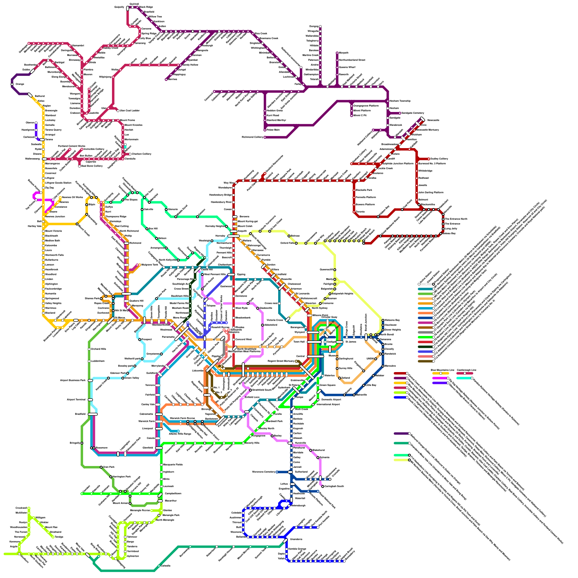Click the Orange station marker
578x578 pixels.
pos(12,84)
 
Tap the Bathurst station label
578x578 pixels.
pos(40,96)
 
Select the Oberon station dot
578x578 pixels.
pos(36,123)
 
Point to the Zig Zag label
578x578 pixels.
pos(49,188)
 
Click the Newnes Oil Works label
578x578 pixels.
pos(72,197)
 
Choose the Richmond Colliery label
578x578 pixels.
pos(253,137)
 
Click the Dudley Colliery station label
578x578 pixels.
pos(439,159)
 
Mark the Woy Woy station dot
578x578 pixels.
pos(234,184)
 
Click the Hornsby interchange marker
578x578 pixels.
pos(233,236)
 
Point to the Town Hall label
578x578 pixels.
pos(299,342)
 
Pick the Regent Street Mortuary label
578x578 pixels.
pos(281,361)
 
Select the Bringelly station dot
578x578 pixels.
pos(82,443)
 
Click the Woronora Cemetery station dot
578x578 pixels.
pos(277,472)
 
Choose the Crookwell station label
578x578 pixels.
pos(22,508)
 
